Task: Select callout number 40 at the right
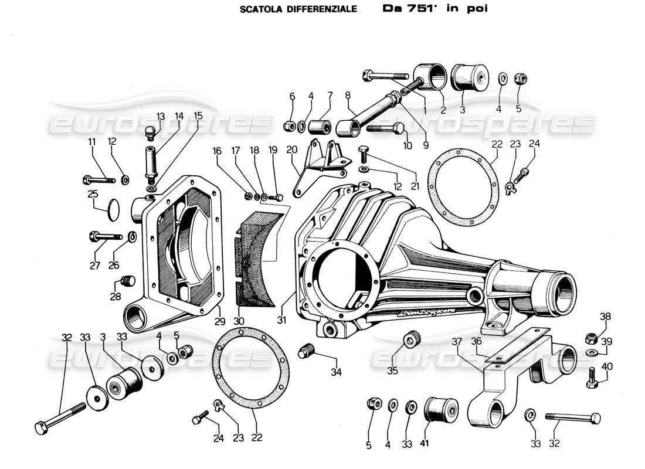(606, 366)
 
